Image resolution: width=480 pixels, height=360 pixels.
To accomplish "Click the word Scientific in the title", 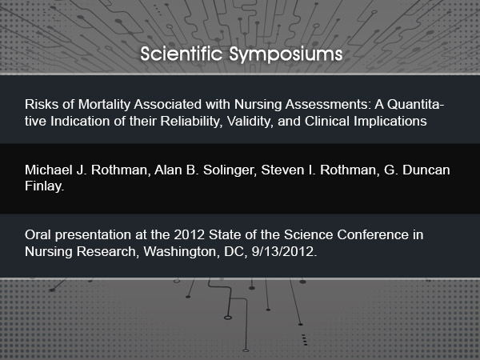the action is (182, 54).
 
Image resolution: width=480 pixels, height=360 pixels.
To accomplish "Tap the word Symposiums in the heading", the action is (286, 55).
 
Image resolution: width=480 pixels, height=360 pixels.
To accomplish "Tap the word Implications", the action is (390, 122).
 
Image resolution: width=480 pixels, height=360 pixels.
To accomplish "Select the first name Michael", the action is (49, 170).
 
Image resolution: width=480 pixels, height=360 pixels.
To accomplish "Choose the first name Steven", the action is (282, 170).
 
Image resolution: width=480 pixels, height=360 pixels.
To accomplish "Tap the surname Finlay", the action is (44, 186).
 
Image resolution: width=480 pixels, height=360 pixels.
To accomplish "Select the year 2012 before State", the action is (189, 234).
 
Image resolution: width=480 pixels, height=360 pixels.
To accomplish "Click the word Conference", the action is (373, 234).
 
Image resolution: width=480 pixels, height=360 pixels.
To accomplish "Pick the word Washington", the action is (182, 252).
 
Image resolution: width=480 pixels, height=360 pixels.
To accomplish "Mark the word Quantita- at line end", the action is (415, 104).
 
